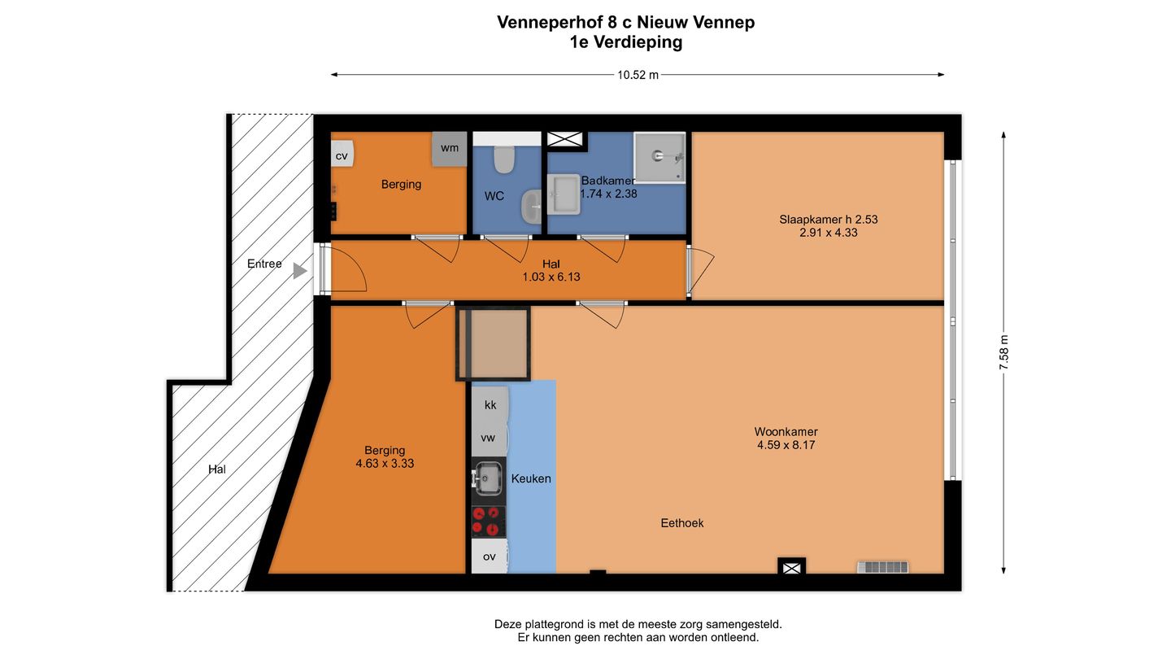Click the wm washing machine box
tap(449, 149)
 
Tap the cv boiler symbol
tap(342, 155)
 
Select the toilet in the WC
tap(504, 159)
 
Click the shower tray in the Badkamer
tap(660, 157)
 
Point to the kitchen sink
tap(488, 478)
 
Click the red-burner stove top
tap(488, 521)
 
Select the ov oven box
tap(489, 556)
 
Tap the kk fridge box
tap(490, 404)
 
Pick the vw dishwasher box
tap(488, 438)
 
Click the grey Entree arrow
tap(300, 270)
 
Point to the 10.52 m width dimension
tap(638, 75)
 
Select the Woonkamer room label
tap(786, 431)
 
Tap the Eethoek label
tap(681, 523)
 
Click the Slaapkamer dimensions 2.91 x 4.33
tap(828, 233)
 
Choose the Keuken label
tap(531, 478)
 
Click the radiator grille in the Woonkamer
tap(882, 566)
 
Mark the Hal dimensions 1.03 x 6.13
tap(551, 277)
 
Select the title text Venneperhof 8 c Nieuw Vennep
tap(625, 22)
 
